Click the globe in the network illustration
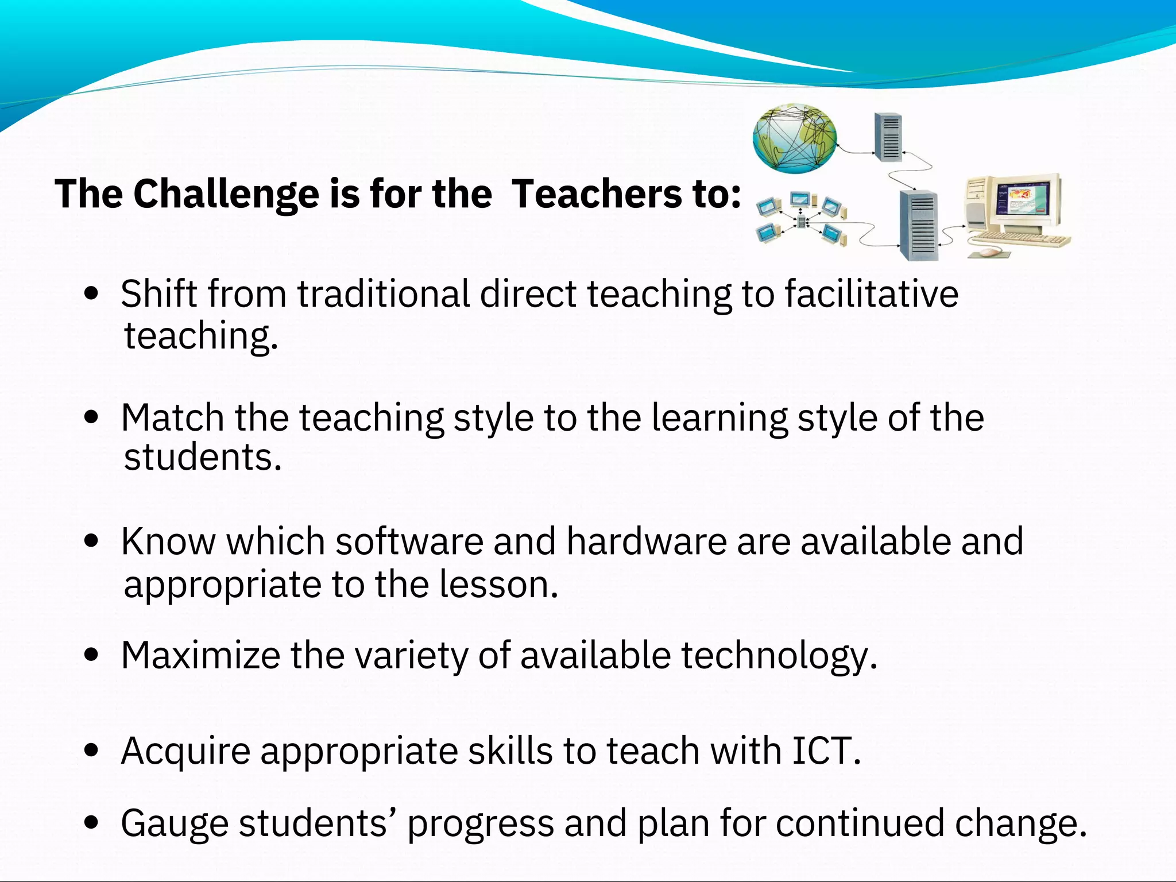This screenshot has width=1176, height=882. click(x=795, y=138)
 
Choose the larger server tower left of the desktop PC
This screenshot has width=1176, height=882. click(x=919, y=225)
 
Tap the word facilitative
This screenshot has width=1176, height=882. click(x=871, y=294)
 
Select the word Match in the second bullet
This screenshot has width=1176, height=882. click(x=172, y=417)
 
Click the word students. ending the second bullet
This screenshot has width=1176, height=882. click(x=203, y=458)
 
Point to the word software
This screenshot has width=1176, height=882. click(x=409, y=541)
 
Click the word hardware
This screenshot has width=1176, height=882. click(x=647, y=541)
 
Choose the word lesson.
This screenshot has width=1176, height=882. click(x=498, y=585)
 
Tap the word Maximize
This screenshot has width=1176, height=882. click(x=200, y=655)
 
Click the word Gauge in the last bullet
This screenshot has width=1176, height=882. click(x=175, y=824)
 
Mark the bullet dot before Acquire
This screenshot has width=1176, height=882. click(x=91, y=751)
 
